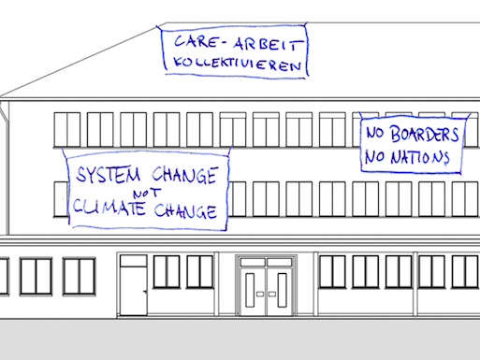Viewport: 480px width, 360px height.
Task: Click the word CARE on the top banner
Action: click(x=191, y=44)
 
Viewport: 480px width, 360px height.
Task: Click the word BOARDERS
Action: click(x=422, y=134)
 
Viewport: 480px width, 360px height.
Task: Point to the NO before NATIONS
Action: click(x=377, y=157)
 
